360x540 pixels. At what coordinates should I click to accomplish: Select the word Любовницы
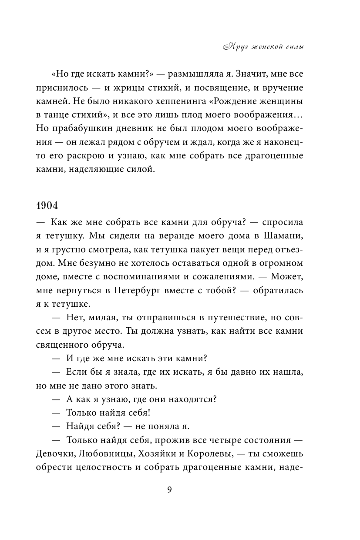pos(107,454)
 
